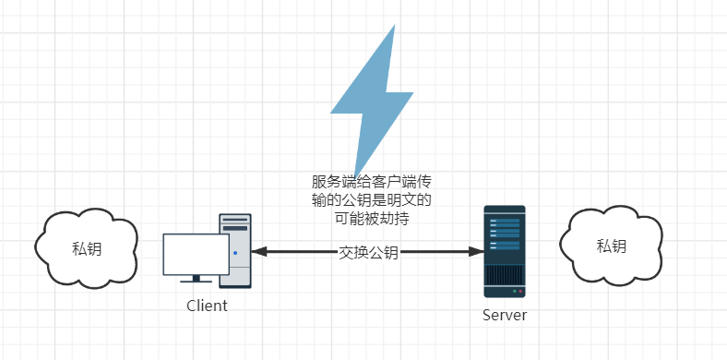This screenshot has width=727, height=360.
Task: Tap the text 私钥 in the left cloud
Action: (x=87, y=246)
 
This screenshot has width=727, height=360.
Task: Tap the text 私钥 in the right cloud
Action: (x=611, y=246)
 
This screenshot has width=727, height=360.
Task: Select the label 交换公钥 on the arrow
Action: (x=368, y=252)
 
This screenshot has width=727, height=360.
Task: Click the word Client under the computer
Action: (x=207, y=306)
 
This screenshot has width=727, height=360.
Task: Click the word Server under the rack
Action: (x=505, y=315)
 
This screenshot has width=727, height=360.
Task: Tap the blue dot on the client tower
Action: (x=235, y=252)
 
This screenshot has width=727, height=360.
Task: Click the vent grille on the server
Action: (x=505, y=275)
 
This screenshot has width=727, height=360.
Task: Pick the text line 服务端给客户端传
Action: (x=370, y=181)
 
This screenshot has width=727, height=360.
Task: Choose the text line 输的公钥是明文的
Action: (x=370, y=199)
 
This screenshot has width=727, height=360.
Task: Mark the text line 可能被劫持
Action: (x=370, y=219)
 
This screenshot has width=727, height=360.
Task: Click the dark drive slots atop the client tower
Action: (x=235, y=224)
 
